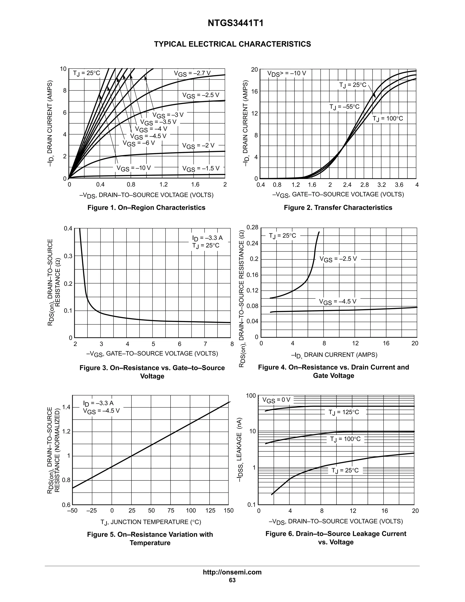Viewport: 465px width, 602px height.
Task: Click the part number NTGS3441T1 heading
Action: click(235, 23)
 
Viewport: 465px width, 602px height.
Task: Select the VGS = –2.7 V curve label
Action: click(192, 73)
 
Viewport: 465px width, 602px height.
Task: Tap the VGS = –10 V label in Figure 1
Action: click(134, 168)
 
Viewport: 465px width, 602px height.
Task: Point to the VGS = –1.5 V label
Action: click(201, 168)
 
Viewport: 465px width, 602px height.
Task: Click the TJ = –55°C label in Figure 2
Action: click(344, 107)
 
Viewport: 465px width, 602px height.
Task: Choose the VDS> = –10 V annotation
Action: click(287, 74)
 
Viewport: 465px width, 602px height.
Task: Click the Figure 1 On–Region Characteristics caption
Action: click(146, 208)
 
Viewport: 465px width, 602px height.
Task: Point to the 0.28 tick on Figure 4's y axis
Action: click(252, 227)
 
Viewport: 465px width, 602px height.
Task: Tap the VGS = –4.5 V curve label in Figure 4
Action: click(337, 301)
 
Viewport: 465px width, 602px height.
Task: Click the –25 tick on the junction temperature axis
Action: click(92, 510)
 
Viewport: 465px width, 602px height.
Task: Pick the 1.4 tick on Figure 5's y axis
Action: click(66, 407)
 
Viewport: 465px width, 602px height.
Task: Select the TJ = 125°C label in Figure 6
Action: click(344, 412)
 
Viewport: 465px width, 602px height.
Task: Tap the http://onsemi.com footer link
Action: click(232, 572)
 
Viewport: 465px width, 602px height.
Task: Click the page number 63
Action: click(232, 580)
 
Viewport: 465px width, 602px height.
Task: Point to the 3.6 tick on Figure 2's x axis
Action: click(399, 185)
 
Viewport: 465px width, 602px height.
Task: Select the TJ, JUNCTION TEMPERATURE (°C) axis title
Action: click(151, 522)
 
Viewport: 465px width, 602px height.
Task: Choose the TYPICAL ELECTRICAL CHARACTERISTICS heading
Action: click(232, 44)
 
